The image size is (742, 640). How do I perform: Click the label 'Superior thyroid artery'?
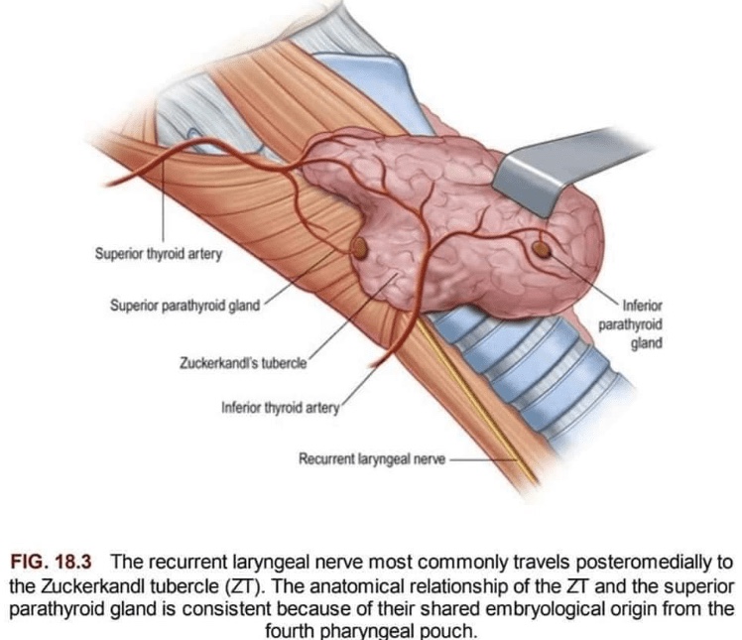click(x=159, y=254)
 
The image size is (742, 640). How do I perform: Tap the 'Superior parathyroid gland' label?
click(x=185, y=306)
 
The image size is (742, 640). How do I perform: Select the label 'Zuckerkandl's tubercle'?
click(x=243, y=363)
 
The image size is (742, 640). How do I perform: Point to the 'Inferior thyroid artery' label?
click(x=281, y=408)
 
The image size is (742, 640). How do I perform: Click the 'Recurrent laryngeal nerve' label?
click(x=372, y=458)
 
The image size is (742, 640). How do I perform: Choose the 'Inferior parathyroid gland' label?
click(x=631, y=324)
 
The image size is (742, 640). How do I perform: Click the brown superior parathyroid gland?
click(x=360, y=248)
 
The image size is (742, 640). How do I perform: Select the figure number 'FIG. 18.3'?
click(x=51, y=562)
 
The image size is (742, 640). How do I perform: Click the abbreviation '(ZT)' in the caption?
click(x=245, y=586)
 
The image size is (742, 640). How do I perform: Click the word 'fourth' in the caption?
click(x=290, y=630)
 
